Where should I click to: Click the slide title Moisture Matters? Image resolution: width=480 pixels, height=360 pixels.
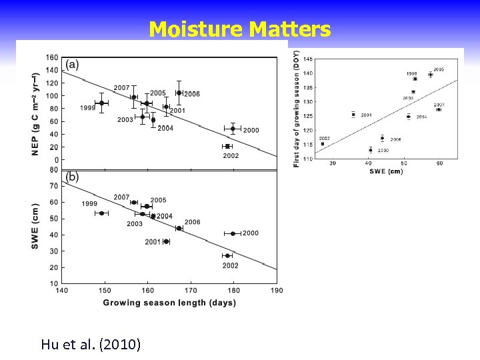[239, 29]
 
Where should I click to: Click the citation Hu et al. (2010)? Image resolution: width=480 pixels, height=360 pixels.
[91, 344]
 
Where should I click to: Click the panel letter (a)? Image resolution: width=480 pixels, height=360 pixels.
[71, 64]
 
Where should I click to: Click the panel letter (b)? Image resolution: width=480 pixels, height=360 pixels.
[71, 177]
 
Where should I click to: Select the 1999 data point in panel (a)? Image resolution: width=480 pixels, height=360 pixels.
[101, 103]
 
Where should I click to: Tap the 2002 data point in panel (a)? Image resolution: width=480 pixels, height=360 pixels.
[227, 146]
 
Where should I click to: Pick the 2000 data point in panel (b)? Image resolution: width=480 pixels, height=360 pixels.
[233, 233]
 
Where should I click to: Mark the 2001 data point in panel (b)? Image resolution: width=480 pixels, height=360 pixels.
[166, 241]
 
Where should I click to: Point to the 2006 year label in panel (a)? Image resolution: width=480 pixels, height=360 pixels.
[192, 94]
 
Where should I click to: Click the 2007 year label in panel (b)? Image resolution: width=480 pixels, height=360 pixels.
[121, 197]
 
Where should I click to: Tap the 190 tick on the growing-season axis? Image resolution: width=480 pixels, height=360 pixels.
[277, 290]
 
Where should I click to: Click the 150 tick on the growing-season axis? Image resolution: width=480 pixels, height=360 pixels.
[105, 290]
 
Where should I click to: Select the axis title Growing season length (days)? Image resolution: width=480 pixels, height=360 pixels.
[169, 303]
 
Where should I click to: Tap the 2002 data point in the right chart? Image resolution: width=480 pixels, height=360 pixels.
[323, 143]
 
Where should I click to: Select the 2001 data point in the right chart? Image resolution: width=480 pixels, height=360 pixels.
[353, 115]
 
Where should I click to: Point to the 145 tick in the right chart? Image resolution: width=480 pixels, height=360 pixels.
[308, 60]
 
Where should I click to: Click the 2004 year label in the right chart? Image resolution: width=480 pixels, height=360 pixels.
[421, 117]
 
